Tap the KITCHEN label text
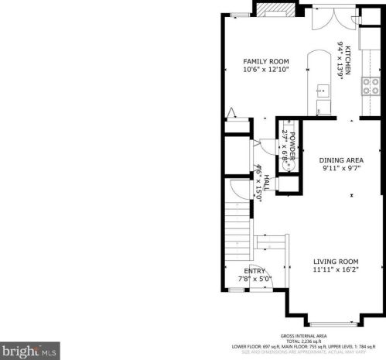click(x=348, y=60)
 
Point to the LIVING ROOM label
click(x=336, y=262)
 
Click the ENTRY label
click(x=254, y=270)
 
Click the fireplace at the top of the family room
click(x=276, y=9)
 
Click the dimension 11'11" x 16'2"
click(x=336, y=270)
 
